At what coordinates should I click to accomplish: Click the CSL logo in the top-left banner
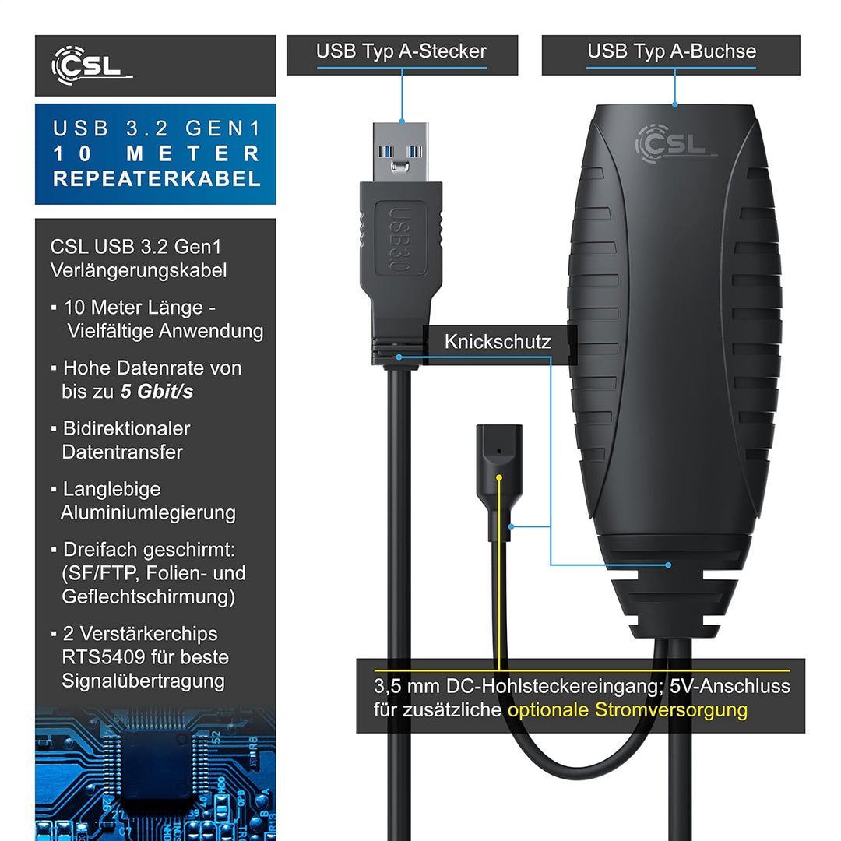(x=92, y=65)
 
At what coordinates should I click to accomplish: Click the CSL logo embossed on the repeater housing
(x=675, y=143)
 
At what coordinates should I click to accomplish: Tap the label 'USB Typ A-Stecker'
(x=401, y=51)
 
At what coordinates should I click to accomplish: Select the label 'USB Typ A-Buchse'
(x=671, y=51)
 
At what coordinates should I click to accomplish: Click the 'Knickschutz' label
(x=497, y=342)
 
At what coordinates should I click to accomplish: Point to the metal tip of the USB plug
(x=401, y=153)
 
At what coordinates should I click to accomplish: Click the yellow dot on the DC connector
(x=499, y=477)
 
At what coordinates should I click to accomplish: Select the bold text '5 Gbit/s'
(x=157, y=392)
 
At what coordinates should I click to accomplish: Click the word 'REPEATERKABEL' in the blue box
(x=157, y=179)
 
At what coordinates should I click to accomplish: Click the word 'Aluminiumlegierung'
(x=148, y=513)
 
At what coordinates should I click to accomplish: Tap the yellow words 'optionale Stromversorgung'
(x=628, y=710)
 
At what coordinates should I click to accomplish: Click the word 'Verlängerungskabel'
(x=139, y=270)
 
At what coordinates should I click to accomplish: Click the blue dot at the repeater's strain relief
(x=668, y=565)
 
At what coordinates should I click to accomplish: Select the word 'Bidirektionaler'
(x=127, y=428)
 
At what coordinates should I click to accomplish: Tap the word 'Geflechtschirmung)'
(x=149, y=597)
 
